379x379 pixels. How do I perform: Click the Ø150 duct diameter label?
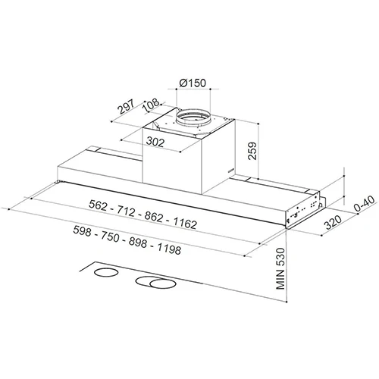[x=193, y=83]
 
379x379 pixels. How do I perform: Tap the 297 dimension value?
[x=127, y=107]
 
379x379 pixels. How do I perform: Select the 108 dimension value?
[x=151, y=105]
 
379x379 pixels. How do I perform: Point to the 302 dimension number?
[x=155, y=142]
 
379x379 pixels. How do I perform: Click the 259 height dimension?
[x=252, y=151]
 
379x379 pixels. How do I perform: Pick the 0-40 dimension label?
[x=364, y=204]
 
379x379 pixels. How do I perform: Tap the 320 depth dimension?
[x=333, y=222]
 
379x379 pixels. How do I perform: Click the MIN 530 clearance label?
[x=280, y=268]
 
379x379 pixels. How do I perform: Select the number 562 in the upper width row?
[x=98, y=205]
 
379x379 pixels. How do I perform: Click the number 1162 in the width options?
[x=185, y=223]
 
